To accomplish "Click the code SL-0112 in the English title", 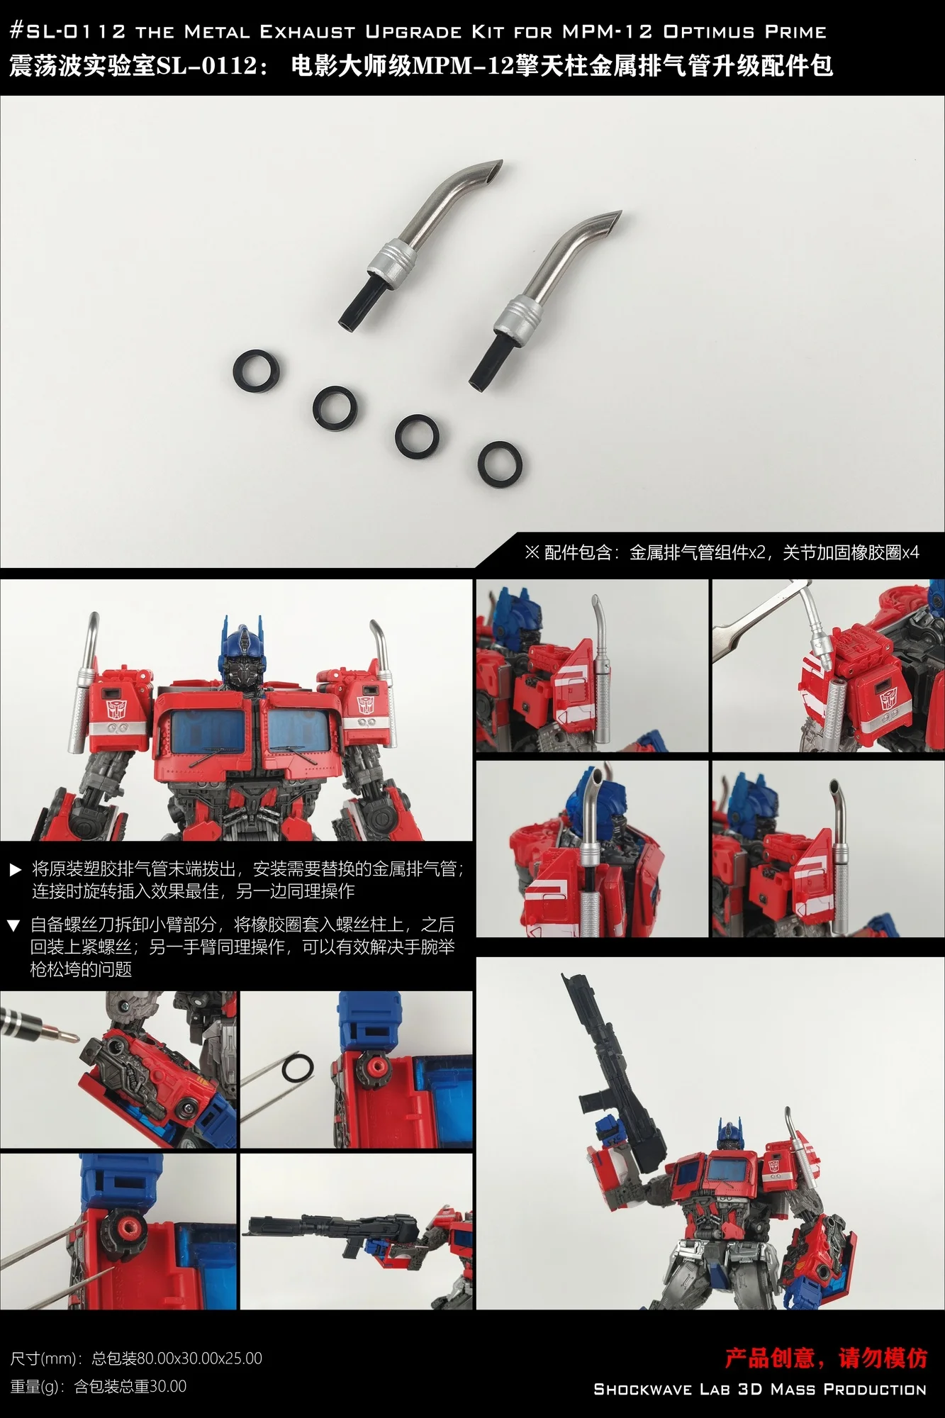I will coord(69,31).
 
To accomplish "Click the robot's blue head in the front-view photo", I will coord(241,656).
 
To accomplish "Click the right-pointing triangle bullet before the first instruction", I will coord(16,870).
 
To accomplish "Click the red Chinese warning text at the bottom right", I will coord(825,1357).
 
